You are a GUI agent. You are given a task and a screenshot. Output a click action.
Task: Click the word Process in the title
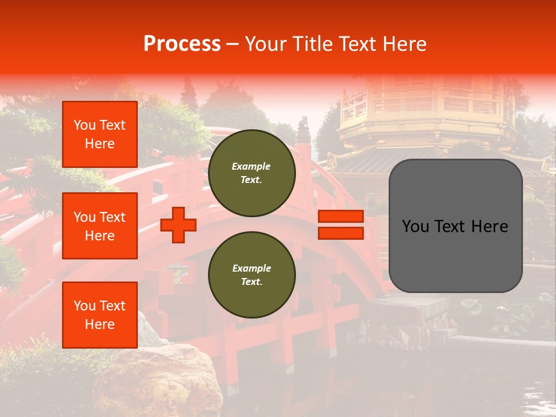coord(182,44)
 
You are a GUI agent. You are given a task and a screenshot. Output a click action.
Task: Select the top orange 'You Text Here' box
coord(100,134)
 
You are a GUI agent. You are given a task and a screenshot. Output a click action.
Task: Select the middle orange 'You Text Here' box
coord(100,226)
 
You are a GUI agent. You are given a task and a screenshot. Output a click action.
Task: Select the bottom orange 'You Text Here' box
coord(100,315)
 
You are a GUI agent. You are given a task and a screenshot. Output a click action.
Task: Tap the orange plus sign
coord(178,225)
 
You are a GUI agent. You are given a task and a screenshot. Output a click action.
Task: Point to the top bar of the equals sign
coord(341,217)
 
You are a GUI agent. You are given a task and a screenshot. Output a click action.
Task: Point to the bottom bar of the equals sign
coord(341,233)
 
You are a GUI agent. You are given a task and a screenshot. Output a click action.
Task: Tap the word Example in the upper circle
coord(251,166)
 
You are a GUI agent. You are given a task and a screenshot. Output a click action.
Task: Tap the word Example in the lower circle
coord(251,268)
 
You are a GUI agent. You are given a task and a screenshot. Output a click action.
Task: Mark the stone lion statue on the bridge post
coord(303,124)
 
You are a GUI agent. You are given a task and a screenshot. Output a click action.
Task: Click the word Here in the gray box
coord(490,226)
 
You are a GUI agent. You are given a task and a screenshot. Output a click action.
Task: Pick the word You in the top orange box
coord(84,125)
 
